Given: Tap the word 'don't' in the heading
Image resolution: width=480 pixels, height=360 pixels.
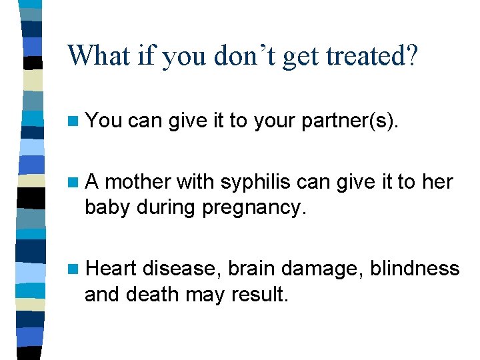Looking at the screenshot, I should click(x=247, y=56).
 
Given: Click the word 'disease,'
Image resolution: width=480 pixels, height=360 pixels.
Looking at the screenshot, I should click(x=181, y=269).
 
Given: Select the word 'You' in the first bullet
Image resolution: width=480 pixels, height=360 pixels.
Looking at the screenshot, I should click(x=104, y=121).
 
